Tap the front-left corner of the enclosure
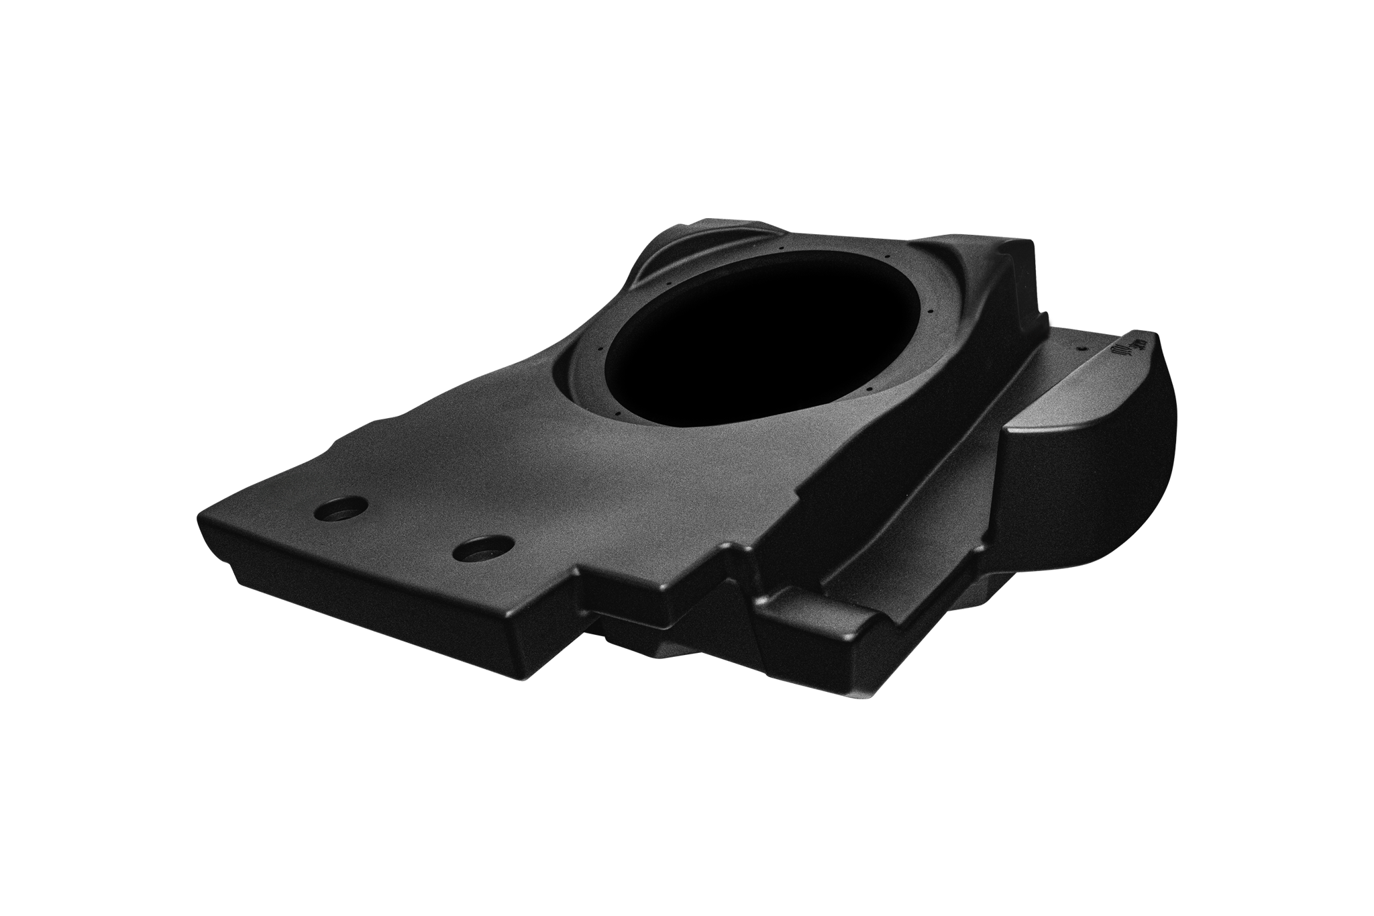click(201, 530)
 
